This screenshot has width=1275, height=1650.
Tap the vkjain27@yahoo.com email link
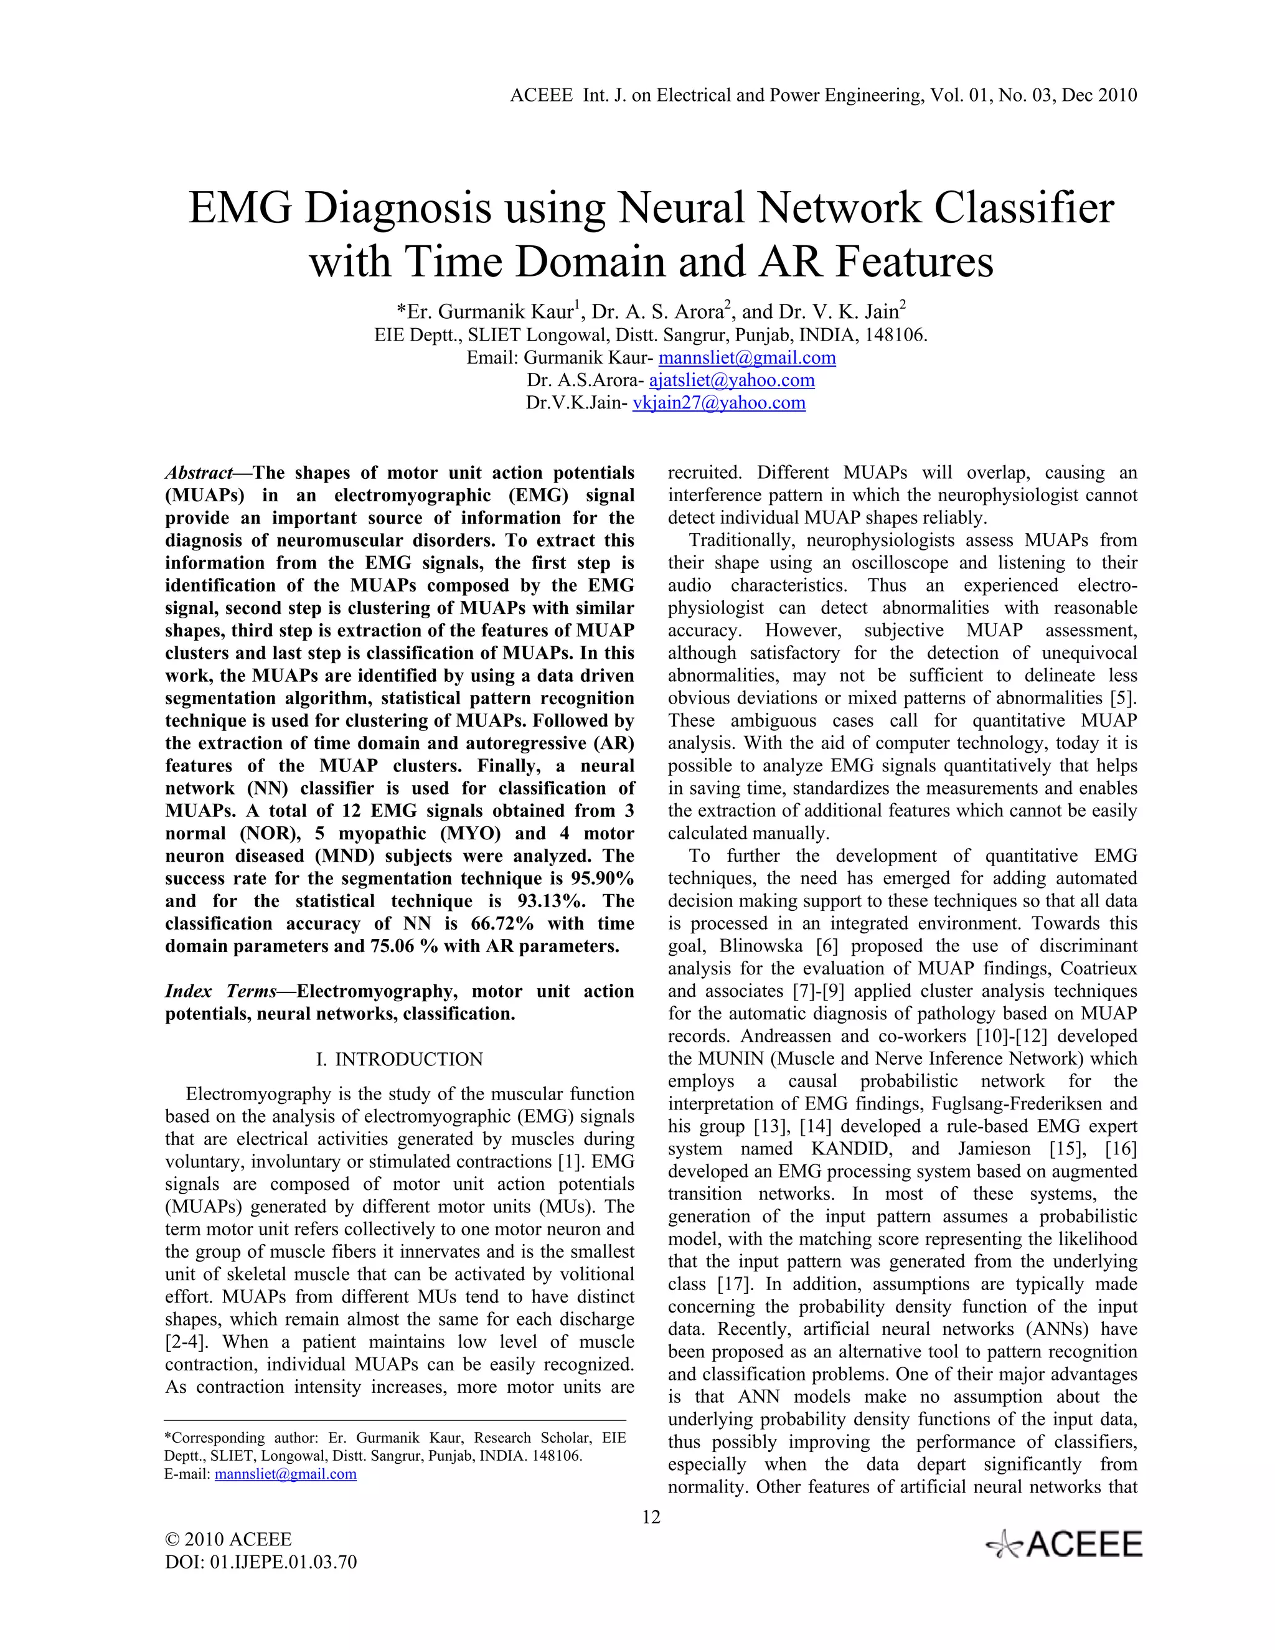pyautogui.click(x=718, y=403)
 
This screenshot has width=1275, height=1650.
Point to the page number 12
pyautogui.click(x=651, y=1517)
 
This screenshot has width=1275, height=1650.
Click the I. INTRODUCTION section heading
pyautogui.click(x=399, y=1059)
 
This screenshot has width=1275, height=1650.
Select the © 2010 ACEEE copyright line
pyautogui.click(x=228, y=1540)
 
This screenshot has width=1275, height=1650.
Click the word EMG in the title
pyautogui.click(x=240, y=209)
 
